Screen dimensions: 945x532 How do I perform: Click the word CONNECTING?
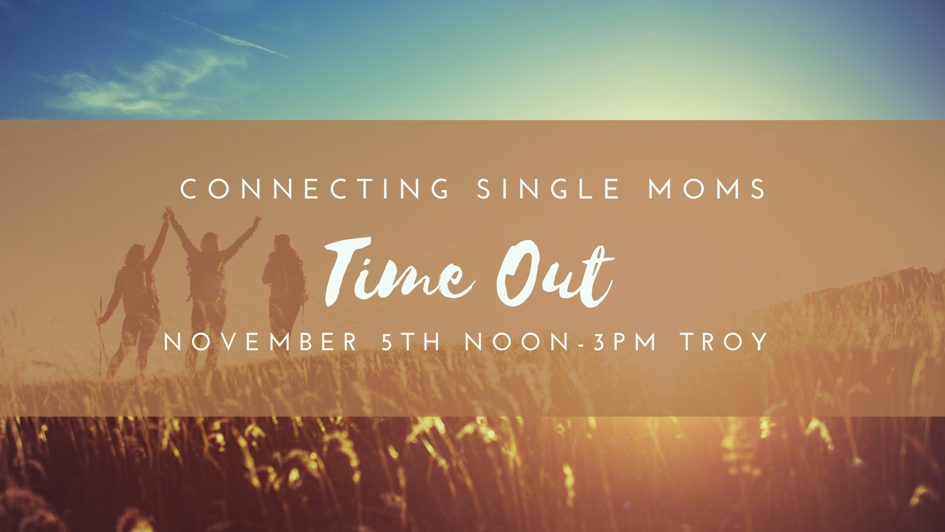pyautogui.click(x=315, y=189)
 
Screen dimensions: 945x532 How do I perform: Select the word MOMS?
pyautogui.click(x=707, y=189)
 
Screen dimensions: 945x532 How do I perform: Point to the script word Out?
pyautogui.click(x=555, y=274)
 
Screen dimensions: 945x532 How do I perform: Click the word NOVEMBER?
pyautogui.click(x=260, y=342)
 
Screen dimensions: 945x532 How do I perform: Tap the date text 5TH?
pyautogui.click(x=411, y=342)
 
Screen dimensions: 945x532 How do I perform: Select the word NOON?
pyautogui.click(x=517, y=342)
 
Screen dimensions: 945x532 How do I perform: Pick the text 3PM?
pyautogui.click(x=625, y=342)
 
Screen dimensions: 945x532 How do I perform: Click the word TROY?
pyautogui.click(x=724, y=342)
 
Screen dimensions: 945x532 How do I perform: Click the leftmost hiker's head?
pyautogui.click(x=135, y=255)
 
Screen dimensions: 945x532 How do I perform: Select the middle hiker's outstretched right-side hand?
pyautogui.click(x=257, y=221)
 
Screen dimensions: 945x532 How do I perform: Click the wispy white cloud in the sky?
pyautogui.click(x=148, y=84)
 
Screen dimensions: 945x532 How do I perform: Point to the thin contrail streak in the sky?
pyautogui.click(x=229, y=36)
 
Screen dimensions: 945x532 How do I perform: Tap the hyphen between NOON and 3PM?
pyautogui.click(x=581, y=344)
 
